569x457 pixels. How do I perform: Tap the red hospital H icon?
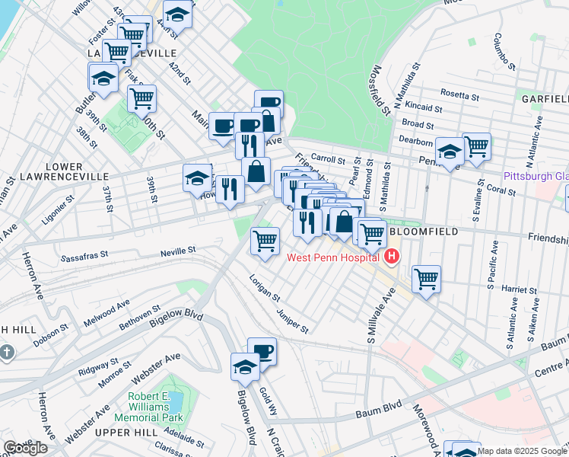click(391, 257)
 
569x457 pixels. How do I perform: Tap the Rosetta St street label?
click(459, 97)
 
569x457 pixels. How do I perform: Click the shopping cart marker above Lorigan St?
click(265, 241)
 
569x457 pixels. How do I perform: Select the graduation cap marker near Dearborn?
click(450, 152)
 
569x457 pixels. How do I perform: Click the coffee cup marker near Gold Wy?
click(262, 350)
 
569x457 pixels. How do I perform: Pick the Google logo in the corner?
click(26, 448)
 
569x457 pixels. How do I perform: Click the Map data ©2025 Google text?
click(523, 451)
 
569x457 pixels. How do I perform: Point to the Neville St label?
click(178, 249)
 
